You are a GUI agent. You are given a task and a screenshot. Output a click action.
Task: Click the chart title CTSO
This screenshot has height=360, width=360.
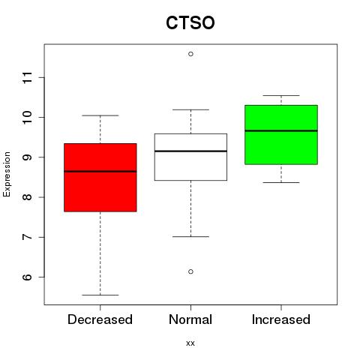(190, 22)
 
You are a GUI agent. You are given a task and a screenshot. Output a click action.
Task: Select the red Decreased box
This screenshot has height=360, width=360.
(100, 178)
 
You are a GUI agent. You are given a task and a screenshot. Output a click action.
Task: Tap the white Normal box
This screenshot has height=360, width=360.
(190, 157)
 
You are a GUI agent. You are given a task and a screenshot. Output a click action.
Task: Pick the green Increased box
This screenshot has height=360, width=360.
(281, 135)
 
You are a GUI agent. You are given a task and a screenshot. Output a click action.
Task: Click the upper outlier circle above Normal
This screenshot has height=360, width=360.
(190, 54)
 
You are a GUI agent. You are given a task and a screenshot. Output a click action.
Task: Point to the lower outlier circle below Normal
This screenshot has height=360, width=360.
(190, 271)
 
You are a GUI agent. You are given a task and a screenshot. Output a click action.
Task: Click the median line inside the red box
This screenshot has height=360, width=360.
(100, 172)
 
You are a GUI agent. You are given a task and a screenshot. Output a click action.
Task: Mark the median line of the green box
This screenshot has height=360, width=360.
(281, 130)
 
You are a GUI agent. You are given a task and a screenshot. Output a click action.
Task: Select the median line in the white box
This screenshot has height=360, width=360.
(190, 151)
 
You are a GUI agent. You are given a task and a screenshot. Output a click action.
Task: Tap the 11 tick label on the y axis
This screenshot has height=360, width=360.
(28, 77)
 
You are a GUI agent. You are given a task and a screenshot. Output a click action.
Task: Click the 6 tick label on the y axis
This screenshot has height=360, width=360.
(28, 277)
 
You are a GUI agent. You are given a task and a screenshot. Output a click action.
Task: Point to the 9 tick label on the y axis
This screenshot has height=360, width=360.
(28, 157)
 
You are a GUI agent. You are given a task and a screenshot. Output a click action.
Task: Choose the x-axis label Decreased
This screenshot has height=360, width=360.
(100, 319)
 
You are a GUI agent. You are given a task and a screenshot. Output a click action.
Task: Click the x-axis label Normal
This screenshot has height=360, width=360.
(190, 319)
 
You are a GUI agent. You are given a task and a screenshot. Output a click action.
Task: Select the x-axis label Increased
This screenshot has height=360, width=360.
(281, 319)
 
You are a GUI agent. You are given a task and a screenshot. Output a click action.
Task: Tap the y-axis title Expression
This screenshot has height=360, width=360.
(7, 174)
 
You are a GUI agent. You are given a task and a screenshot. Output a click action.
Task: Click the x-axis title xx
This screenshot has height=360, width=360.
(190, 343)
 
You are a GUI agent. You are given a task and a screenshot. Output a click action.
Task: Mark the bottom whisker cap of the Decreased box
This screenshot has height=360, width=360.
(100, 295)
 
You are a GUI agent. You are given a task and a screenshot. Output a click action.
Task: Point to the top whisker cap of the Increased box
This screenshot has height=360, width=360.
(281, 95)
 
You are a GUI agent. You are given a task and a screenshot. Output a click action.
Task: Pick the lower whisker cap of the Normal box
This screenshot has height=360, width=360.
(190, 236)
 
